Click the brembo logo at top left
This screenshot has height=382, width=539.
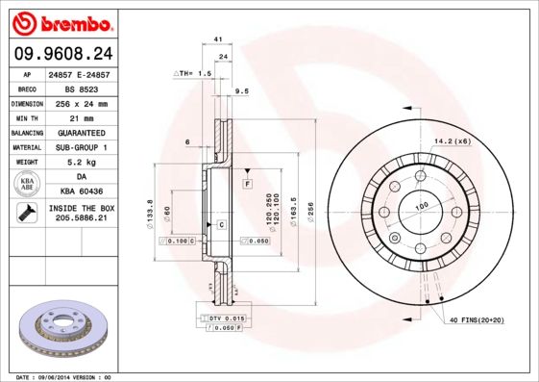click(x=60, y=21)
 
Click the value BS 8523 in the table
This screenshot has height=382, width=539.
click(x=91, y=87)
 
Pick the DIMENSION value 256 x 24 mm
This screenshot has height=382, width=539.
click(x=91, y=102)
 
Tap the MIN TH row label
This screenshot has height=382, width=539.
click(x=27, y=116)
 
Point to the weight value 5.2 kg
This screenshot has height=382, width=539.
click(x=91, y=162)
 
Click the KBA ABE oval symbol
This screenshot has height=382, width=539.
click(x=27, y=184)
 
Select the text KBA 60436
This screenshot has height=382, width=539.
click(x=91, y=191)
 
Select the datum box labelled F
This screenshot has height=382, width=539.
click(x=247, y=183)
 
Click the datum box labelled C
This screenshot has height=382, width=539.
click(x=220, y=224)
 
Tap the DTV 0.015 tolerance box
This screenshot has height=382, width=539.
click(x=222, y=318)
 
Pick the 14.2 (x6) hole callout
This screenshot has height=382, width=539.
click(x=452, y=140)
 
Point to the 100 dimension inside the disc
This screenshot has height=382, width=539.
click(x=420, y=207)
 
